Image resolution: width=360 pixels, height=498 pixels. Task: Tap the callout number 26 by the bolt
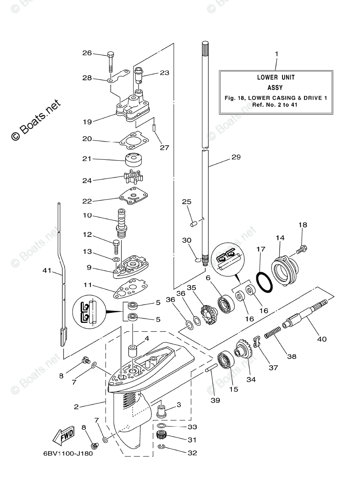[x=87, y=53]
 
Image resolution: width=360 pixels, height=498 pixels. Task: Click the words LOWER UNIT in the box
[x=276, y=77]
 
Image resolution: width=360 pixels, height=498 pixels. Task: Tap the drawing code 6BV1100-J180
[x=68, y=453]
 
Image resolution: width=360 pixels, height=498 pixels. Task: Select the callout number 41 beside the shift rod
[x=47, y=271]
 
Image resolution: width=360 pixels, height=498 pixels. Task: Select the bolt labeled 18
[x=301, y=249]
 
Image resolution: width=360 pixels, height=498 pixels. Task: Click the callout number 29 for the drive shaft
[x=236, y=157]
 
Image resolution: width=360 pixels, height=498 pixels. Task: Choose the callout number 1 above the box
[x=277, y=54]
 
